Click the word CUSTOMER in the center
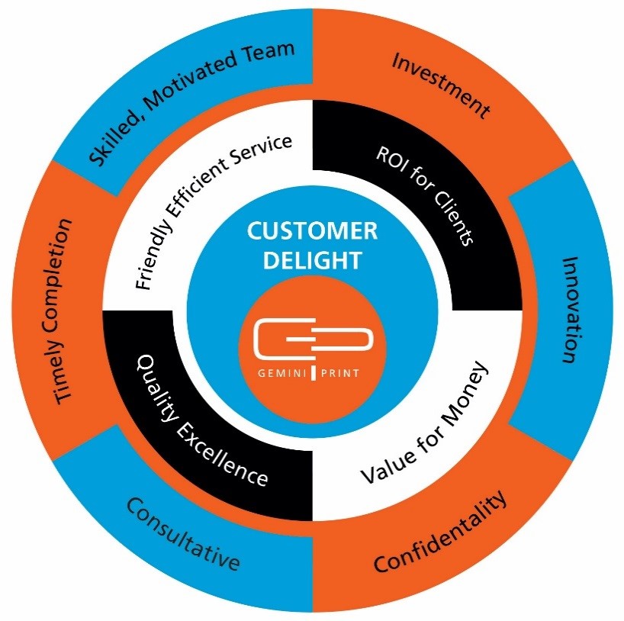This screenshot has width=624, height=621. (x=312, y=231)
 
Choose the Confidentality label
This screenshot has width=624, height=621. (x=440, y=534)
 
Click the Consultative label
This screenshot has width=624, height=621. (x=183, y=533)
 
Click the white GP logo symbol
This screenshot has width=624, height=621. (x=312, y=339)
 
